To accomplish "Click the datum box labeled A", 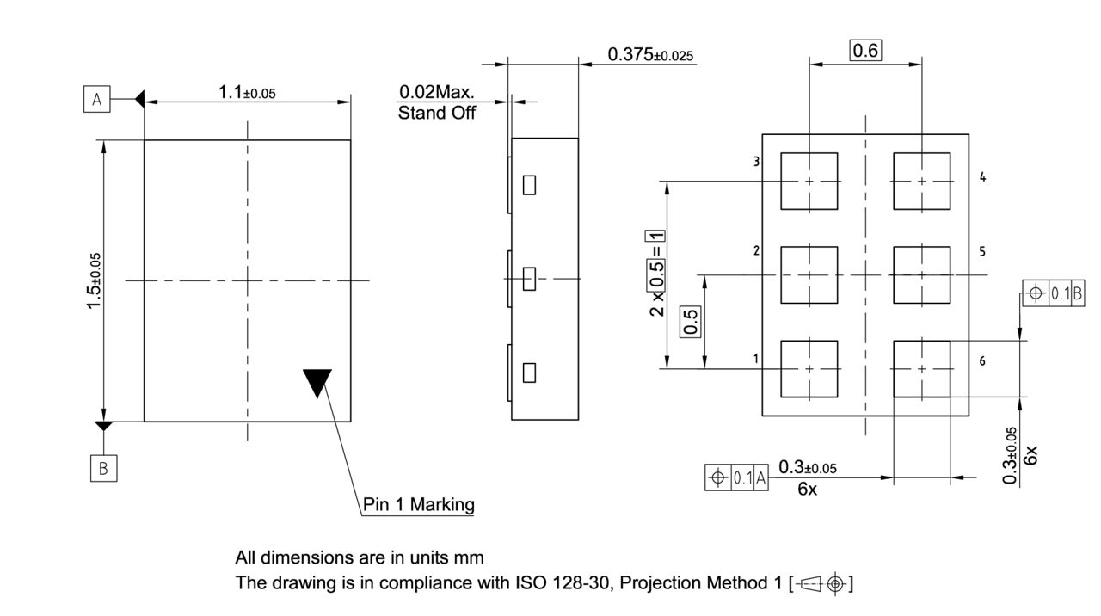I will [x=96, y=100].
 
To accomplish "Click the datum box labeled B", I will [x=103, y=468].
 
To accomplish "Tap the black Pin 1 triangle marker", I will [x=317, y=381].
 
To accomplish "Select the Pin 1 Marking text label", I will [x=418, y=504].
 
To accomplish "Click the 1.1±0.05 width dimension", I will [x=246, y=92].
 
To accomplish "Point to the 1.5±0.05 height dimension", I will [x=94, y=280].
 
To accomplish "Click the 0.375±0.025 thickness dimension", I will [x=650, y=55].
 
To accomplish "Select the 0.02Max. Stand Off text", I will [x=437, y=102].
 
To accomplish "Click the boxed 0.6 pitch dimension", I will [x=865, y=51].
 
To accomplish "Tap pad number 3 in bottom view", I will [x=809, y=182].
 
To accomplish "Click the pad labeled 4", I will [x=922, y=182].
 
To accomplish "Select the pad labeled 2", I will [x=809, y=275].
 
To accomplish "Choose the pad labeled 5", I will [x=922, y=275].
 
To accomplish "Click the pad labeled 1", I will [x=809, y=369].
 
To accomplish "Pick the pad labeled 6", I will [x=922, y=369].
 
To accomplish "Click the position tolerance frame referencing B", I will [x=1054, y=293].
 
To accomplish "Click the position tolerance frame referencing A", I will [x=736, y=477].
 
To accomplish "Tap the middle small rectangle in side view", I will [x=530, y=278].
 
